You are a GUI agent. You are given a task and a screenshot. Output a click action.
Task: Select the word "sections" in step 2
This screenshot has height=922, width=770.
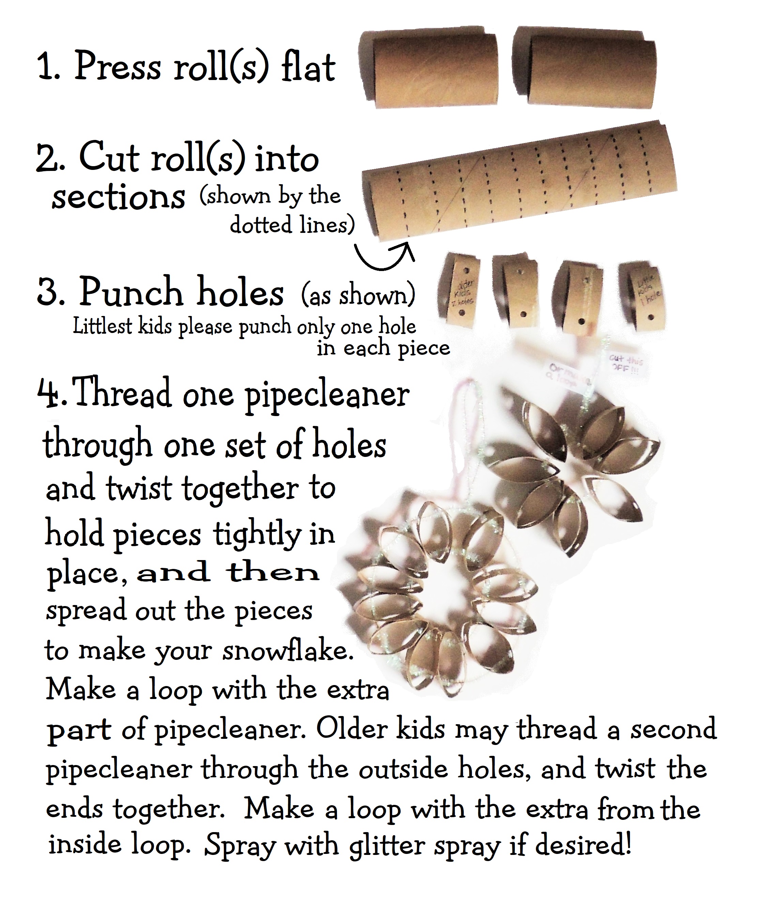coord(119,197)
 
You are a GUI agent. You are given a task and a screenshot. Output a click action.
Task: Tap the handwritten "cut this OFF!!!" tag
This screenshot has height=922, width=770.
coord(626,364)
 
